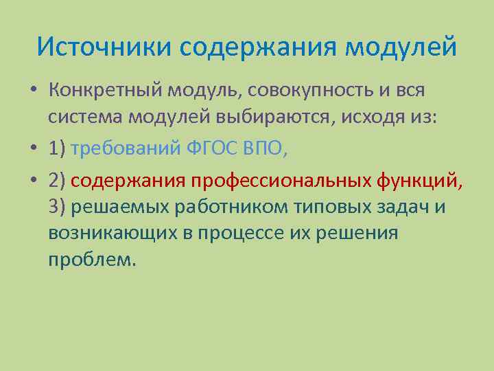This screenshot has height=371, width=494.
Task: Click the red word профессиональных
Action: tap(282, 180)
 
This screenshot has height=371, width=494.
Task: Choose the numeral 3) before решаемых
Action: tap(57, 206)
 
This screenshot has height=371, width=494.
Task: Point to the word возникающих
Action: tap(112, 232)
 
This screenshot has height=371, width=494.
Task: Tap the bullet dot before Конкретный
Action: tap(34, 91)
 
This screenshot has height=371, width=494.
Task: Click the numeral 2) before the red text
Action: tap(57, 180)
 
